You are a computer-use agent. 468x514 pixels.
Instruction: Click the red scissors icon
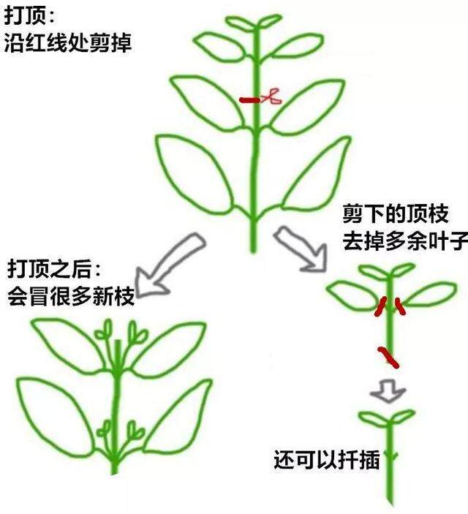(272, 97)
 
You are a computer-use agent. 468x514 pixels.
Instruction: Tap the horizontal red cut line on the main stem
(250, 99)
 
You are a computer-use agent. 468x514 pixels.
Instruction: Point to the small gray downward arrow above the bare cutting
(388, 391)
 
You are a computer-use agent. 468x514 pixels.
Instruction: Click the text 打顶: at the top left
(29, 16)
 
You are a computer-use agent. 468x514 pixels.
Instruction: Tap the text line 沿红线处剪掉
(67, 42)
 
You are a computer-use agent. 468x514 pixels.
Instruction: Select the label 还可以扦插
(327, 460)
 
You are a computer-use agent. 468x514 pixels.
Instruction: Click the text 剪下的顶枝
(396, 214)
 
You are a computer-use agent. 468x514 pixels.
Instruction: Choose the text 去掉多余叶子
(405, 241)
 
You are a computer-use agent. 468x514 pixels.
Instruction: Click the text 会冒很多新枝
(71, 296)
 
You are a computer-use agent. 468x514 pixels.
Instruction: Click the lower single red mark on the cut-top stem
(388, 358)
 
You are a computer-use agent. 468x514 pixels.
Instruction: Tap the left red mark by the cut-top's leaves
(380, 307)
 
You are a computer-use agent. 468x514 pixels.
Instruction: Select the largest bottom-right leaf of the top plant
(317, 175)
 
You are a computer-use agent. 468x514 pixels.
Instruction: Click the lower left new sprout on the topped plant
(105, 429)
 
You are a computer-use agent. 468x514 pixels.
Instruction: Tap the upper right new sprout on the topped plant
(137, 333)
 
